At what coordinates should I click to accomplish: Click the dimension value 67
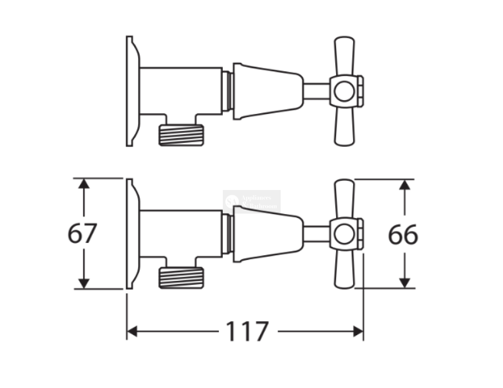(82, 234)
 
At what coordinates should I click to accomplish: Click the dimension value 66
(402, 235)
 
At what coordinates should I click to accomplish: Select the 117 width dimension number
(246, 332)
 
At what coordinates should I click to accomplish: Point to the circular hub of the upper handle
(344, 91)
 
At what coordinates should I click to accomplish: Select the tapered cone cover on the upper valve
(267, 91)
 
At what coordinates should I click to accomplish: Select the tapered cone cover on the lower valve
(267, 234)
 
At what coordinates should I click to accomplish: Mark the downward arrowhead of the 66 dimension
(403, 283)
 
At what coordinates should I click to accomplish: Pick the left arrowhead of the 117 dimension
(132, 331)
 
